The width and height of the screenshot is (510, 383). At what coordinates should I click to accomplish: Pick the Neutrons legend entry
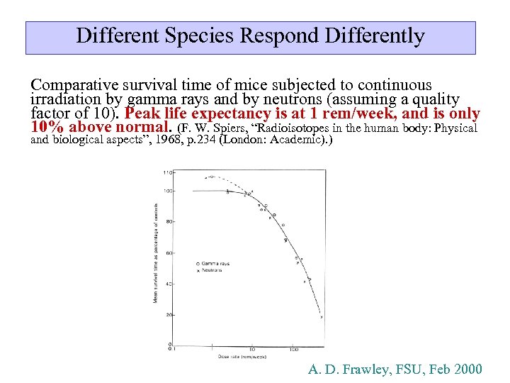[213, 270]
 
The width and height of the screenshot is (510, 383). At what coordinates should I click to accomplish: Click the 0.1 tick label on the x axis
[170, 348]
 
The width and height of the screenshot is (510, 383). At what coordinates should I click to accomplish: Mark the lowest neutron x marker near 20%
[321, 318]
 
